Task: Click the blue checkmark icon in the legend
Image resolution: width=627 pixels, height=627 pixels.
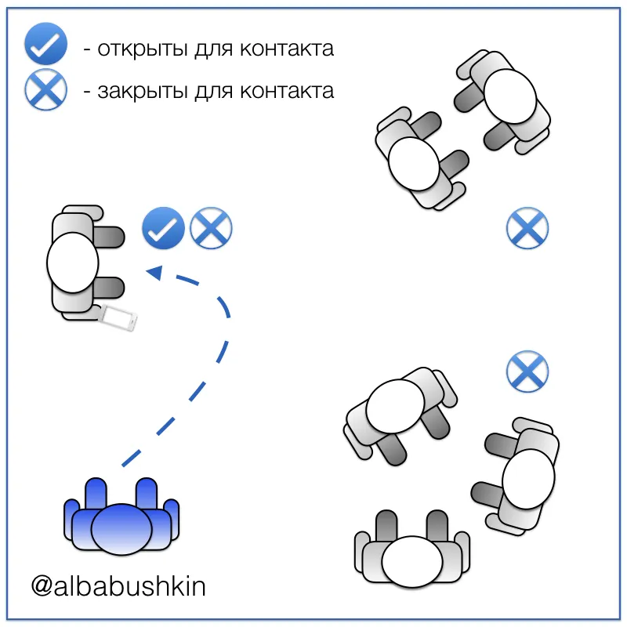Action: pos(45,44)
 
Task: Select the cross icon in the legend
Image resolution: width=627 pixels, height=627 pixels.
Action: pos(45,89)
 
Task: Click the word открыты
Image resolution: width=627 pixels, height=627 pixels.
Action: pos(143,49)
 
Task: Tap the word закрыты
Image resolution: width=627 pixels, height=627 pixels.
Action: pos(143,91)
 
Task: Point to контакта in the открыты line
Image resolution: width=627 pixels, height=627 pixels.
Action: pos(287,49)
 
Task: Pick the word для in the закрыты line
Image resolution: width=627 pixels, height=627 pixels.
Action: pos(213,92)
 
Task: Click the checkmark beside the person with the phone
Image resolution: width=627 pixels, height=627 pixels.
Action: pos(163,228)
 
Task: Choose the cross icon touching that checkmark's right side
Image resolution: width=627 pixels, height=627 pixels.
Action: pos(211,228)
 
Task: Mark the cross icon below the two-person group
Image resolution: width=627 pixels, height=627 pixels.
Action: pos(527,228)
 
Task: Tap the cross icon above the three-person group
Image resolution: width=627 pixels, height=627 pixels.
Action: pos(527,371)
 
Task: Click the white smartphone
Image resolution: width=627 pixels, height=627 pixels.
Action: pos(118,317)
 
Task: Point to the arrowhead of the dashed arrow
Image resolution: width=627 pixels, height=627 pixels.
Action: pos(154,272)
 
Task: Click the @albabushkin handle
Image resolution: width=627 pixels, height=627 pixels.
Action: pos(118,586)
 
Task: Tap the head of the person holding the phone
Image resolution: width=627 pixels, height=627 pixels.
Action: pos(72,263)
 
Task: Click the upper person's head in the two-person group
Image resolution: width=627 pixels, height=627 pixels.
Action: pos(509,96)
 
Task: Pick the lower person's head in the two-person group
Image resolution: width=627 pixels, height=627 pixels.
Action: pos(414,164)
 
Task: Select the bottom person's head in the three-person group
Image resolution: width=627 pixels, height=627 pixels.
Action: pos(412,562)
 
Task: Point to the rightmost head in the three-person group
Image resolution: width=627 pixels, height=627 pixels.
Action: pos(528,479)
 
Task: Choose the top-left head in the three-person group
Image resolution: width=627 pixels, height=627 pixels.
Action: pos(395,406)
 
